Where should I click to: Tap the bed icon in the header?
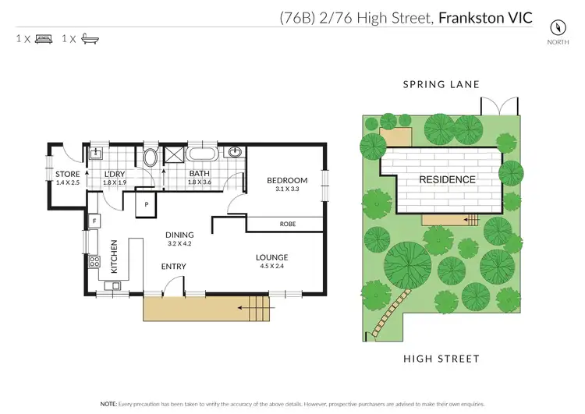pos(44,37)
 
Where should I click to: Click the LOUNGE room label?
pos(271,257)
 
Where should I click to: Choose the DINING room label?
pos(179,235)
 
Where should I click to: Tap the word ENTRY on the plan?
pos(173,267)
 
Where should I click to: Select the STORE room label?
pos(67,174)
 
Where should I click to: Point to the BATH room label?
pos(200,174)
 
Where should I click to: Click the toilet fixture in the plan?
pos(151,157)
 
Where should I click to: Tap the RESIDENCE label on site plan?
pos(448,179)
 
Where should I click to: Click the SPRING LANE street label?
pos(441,84)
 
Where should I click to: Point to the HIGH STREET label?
pos(441,359)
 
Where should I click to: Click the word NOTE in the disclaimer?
pos(111,404)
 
